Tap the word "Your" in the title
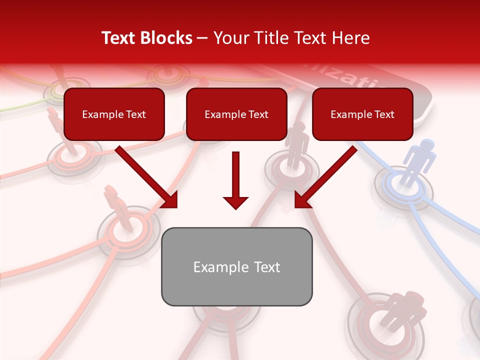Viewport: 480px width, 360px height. (x=228, y=38)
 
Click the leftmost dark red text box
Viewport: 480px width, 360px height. (x=114, y=114)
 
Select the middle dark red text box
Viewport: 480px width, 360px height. (x=236, y=114)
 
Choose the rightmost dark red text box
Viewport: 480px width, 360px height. (x=362, y=114)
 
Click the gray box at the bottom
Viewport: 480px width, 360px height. (x=236, y=266)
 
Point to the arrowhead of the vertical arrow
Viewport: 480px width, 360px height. (x=235, y=202)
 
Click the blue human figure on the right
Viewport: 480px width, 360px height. (x=419, y=160)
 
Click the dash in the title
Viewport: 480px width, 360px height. (x=202, y=38)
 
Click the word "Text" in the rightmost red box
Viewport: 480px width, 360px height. (x=384, y=114)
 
